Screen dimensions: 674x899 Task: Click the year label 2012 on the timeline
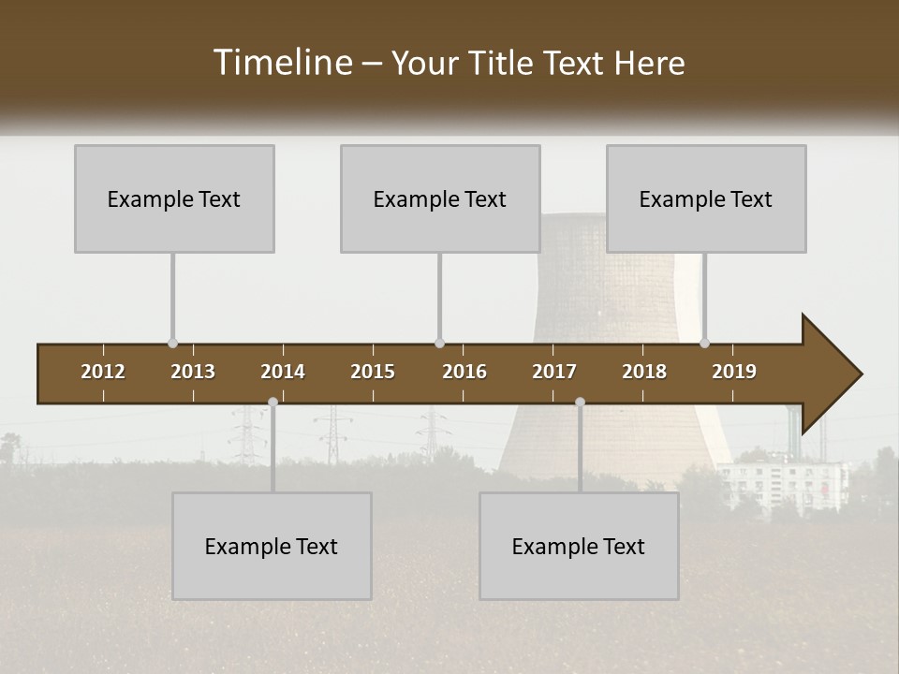(x=103, y=372)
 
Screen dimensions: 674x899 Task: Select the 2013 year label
(x=193, y=372)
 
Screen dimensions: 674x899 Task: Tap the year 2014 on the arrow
(x=283, y=372)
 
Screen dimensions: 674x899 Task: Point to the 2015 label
(x=373, y=372)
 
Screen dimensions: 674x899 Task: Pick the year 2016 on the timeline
(x=464, y=372)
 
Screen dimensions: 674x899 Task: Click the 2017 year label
(x=554, y=372)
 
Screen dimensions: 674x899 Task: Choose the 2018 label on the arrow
(x=644, y=372)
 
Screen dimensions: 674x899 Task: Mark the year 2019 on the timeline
(x=734, y=372)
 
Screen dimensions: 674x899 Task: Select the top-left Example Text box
(x=174, y=198)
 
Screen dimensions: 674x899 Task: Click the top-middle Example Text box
(x=440, y=198)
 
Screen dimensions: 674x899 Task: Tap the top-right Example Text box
(x=706, y=198)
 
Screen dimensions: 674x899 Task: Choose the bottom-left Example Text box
(x=272, y=546)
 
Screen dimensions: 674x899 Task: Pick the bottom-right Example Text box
(x=579, y=546)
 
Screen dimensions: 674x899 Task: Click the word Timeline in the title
(x=282, y=63)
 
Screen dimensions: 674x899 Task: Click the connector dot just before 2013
(x=172, y=344)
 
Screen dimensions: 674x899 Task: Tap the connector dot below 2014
(x=273, y=402)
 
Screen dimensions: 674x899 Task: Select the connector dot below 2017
(x=580, y=402)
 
